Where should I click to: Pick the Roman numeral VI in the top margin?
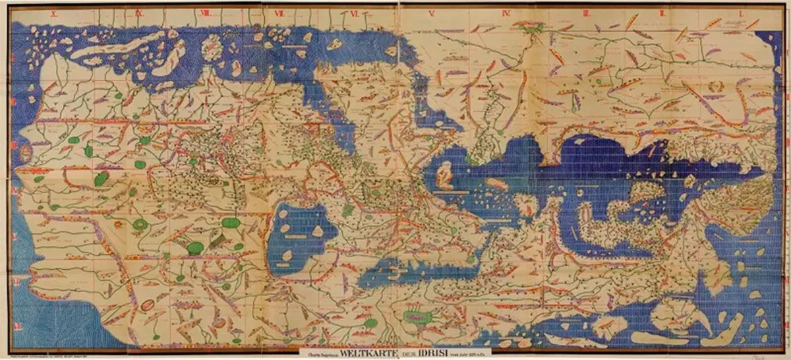point(354,13)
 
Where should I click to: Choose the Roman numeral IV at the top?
point(508,13)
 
